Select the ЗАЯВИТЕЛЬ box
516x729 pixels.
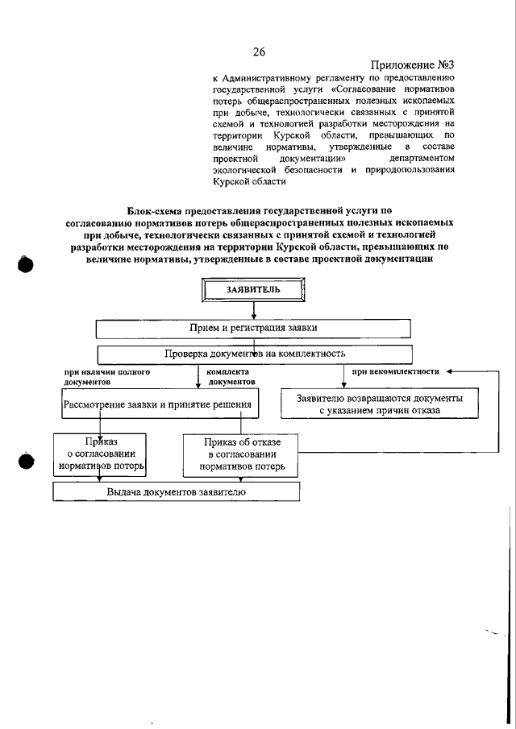point(253,288)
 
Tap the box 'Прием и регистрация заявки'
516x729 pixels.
point(254,329)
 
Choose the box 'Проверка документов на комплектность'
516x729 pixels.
point(255,354)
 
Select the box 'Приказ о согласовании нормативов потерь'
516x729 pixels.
point(99,454)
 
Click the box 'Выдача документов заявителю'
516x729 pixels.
point(176,491)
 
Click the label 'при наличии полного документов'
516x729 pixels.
point(106,377)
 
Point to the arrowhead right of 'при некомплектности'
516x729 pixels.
point(449,372)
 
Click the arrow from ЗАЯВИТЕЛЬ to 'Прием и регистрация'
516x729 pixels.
point(254,310)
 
